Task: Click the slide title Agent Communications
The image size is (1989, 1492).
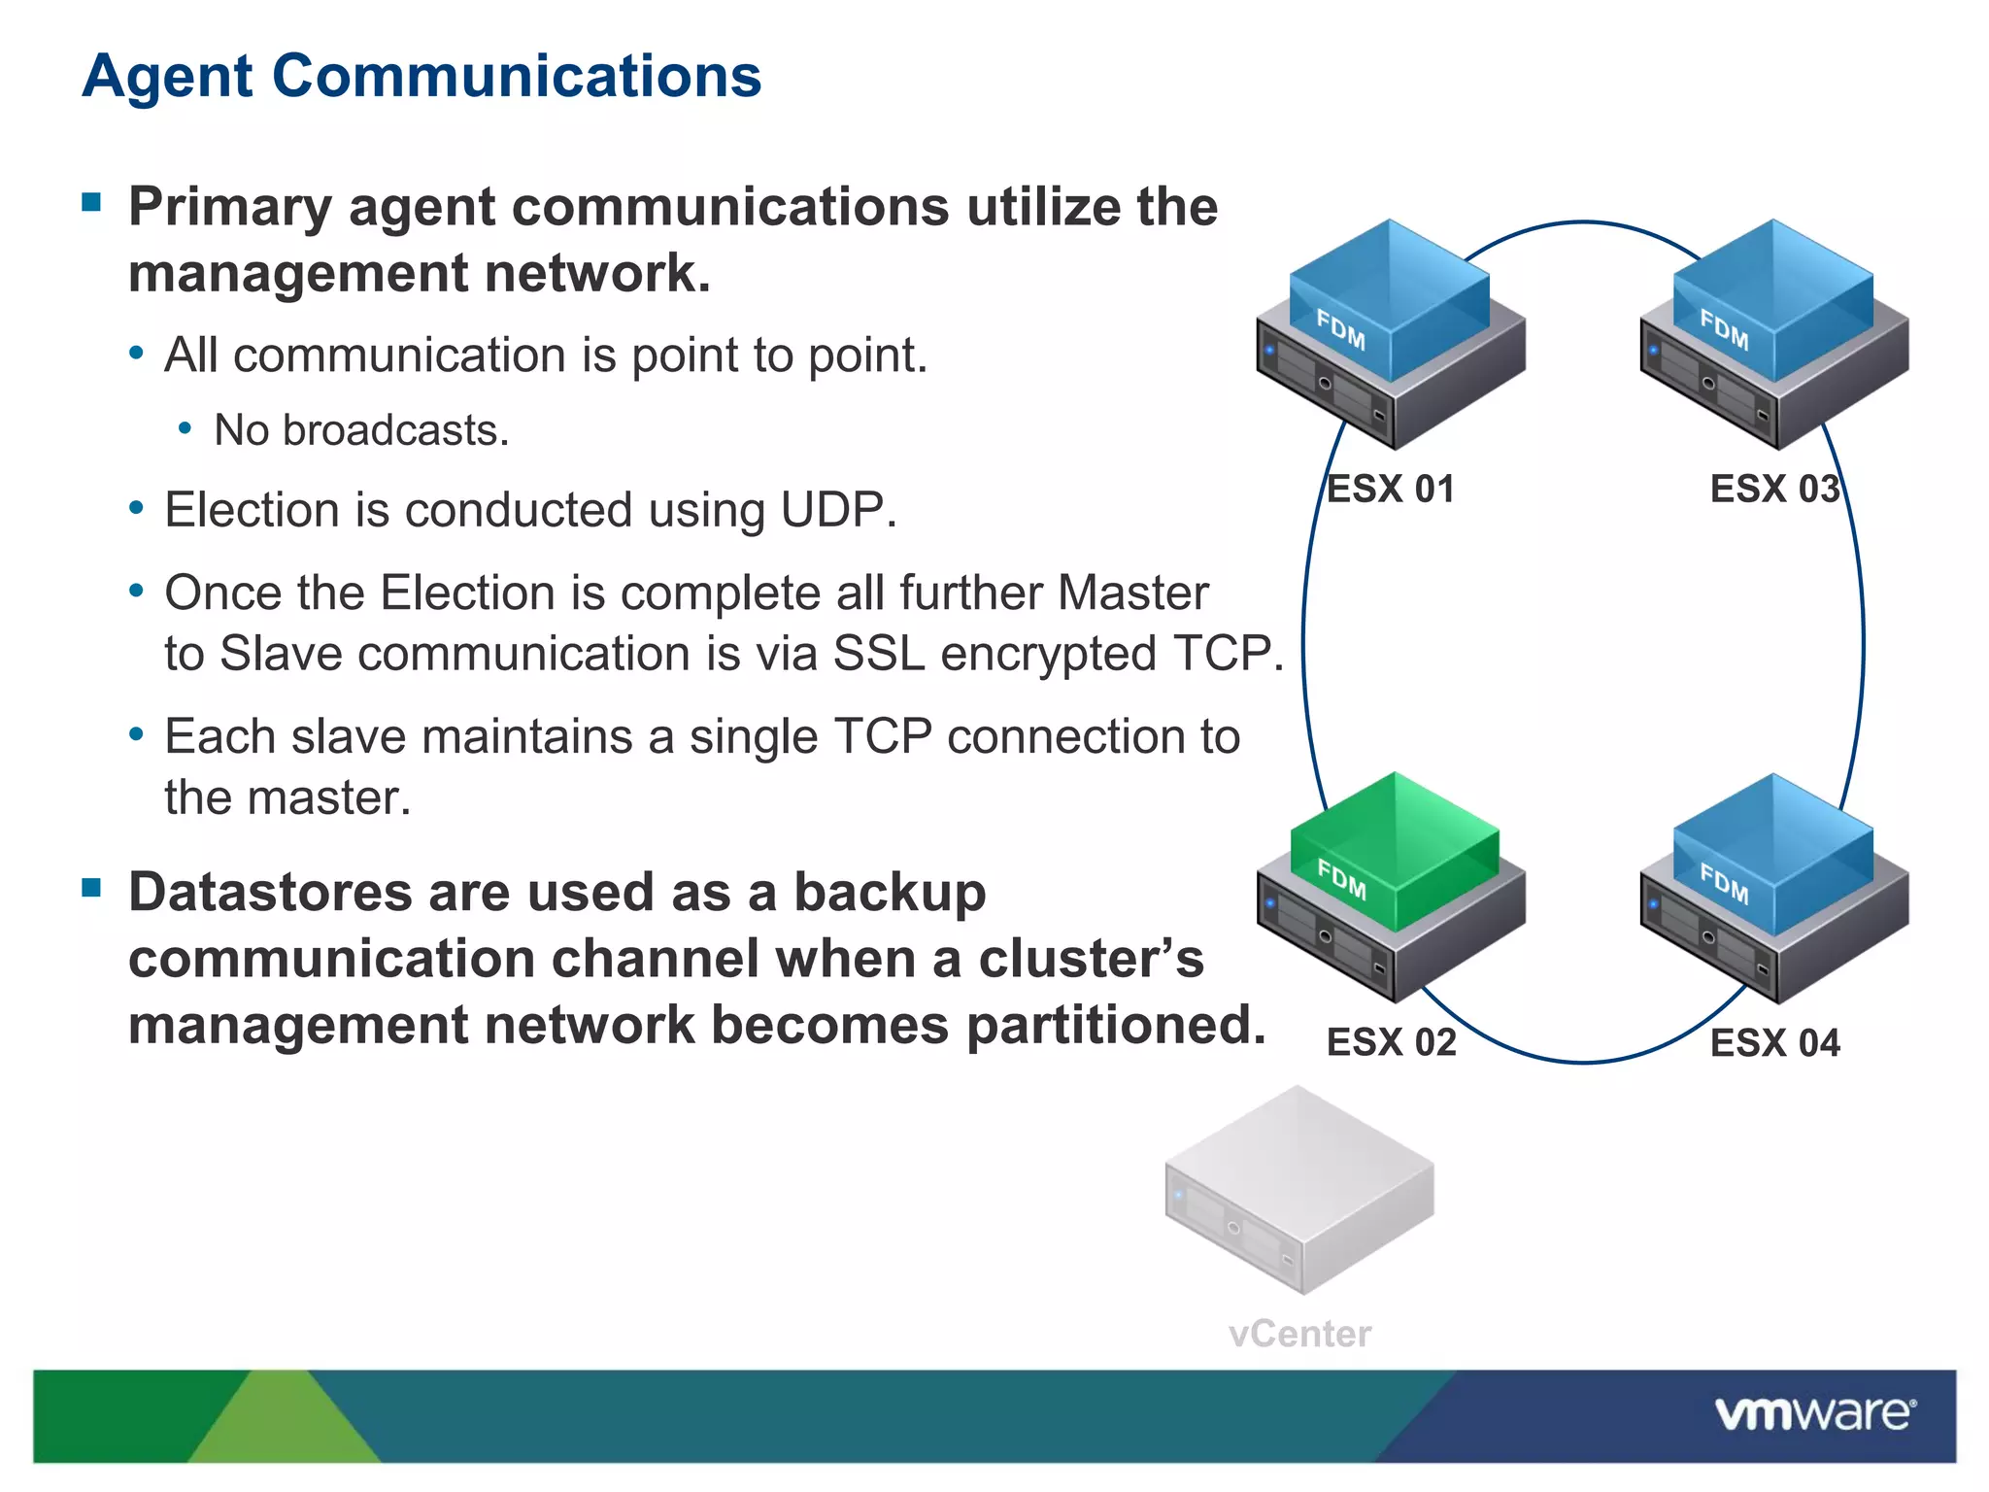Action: pyautogui.click(x=421, y=76)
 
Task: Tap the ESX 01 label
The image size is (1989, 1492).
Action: pyautogui.click(x=1390, y=489)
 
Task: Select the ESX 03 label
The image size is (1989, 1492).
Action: pyautogui.click(x=1774, y=489)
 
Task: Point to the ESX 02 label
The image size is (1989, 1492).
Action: pyautogui.click(x=1391, y=1042)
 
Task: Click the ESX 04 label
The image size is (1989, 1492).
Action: pyautogui.click(x=1774, y=1042)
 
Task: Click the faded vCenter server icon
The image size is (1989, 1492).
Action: pyautogui.click(x=1298, y=1190)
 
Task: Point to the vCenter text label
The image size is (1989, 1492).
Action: pyautogui.click(x=1299, y=1334)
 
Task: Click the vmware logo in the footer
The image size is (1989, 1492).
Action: pyautogui.click(x=1814, y=1413)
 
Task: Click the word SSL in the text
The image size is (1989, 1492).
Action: pyautogui.click(x=878, y=653)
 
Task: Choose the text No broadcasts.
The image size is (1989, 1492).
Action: pyautogui.click(x=361, y=430)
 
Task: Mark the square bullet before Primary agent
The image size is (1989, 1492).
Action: pyautogui.click(x=92, y=202)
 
